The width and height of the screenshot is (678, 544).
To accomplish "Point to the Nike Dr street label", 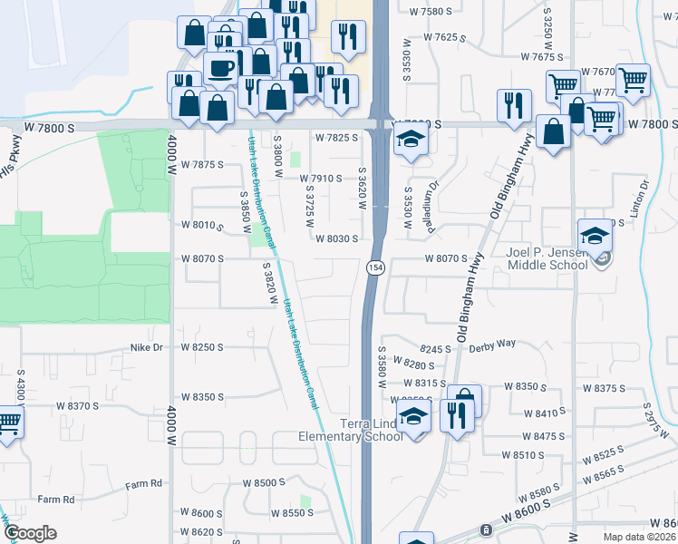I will pos(146,347).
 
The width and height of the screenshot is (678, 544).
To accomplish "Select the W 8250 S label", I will pos(201,347).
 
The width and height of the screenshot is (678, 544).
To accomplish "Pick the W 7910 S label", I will pos(321,179).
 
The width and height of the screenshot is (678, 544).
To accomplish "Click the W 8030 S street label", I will pos(344,238).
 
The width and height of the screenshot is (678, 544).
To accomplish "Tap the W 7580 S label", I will pos(431,12).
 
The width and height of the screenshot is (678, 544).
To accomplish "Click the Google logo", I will pos(29,533).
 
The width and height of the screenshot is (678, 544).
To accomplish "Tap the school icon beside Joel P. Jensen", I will pos(595,237).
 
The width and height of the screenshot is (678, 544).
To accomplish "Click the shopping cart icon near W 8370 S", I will pos(8,422).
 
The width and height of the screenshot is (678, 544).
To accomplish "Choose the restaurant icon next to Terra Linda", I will pos(453,415).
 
